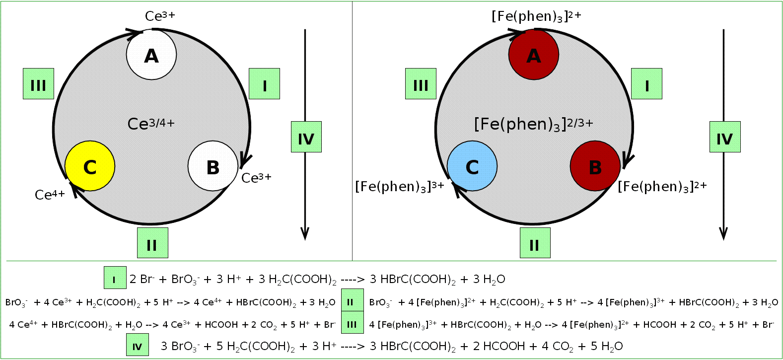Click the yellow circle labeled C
click(90, 166)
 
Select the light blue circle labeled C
click(472, 166)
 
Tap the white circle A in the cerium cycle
click(151, 55)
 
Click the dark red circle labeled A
click(534, 55)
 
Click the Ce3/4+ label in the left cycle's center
click(151, 123)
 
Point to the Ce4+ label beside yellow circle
click(50, 195)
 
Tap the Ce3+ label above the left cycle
click(160, 16)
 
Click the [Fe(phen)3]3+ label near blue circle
click(399, 186)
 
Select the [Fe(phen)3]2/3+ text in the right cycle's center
click(533, 124)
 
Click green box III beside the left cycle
click(38, 84)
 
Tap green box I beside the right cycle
click(646, 84)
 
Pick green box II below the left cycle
click(152, 243)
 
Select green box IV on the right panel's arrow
click(725, 137)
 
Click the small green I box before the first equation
click(115, 278)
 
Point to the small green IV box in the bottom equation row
click(138, 345)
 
